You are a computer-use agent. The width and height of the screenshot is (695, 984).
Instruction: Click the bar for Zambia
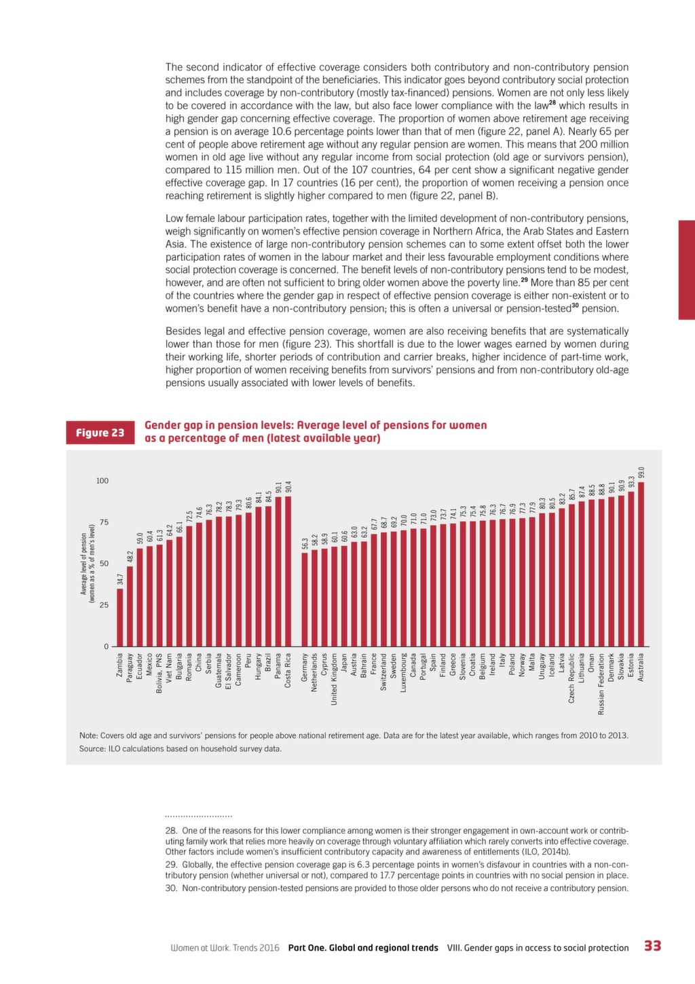coord(120,617)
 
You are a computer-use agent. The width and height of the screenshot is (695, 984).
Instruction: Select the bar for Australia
coord(641,564)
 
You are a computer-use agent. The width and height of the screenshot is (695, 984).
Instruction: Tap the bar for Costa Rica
coord(288,571)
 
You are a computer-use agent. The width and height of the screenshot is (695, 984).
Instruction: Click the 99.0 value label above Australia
coord(641,472)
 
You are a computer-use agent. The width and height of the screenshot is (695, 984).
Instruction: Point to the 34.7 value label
coord(120,579)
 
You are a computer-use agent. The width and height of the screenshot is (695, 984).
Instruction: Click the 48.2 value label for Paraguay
coord(130,557)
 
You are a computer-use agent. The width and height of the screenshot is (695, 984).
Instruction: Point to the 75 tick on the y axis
coord(104,522)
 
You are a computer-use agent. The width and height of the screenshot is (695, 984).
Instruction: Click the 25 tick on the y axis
coord(104,605)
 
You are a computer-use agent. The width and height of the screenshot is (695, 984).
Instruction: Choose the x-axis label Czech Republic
coord(571,678)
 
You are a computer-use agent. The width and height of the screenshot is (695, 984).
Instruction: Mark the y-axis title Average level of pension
coord(83,564)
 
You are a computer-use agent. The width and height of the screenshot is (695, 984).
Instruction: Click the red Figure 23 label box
coord(100,433)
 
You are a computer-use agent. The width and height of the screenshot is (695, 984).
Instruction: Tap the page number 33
coord(652,946)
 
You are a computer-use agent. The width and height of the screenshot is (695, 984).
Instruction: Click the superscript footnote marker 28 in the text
coord(552,103)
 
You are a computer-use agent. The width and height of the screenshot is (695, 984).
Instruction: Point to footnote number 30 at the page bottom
coord(170,888)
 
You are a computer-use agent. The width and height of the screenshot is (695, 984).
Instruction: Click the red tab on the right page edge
coord(687,270)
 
